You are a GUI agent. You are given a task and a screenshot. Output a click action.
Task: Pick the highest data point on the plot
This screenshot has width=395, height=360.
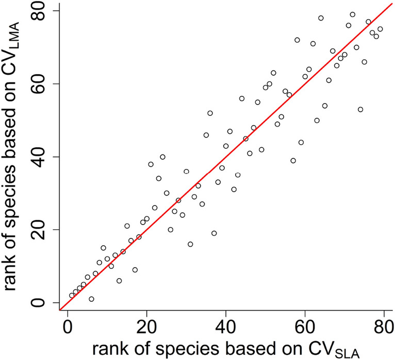(x=353, y=14)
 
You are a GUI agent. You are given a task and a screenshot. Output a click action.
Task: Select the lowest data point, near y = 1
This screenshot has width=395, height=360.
(x=91, y=299)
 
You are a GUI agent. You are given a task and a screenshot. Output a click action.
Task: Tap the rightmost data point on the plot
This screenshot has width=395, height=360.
(x=380, y=29)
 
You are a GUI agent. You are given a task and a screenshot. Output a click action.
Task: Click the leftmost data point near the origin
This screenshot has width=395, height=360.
(x=72, y=296)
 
